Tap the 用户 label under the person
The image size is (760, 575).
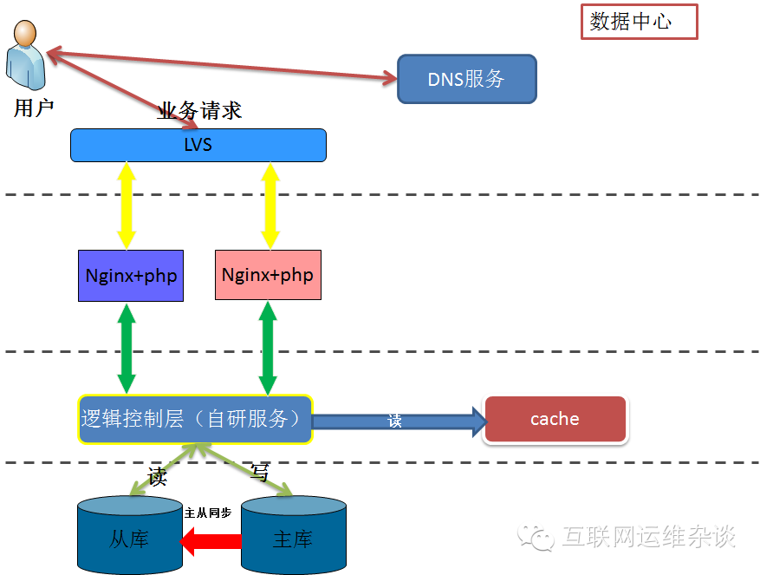pos(34,108)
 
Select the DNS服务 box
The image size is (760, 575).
pos(466,80)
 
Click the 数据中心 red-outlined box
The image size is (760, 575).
pos(638,23)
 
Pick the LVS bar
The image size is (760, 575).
pos(198,145)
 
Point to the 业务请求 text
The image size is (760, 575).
pos(199,110)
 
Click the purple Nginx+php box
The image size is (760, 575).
pos(131,276)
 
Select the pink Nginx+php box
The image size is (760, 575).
pos(268,275)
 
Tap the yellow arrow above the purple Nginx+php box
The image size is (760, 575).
pos(127,206)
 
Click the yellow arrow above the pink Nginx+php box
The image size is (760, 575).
pos(270,206)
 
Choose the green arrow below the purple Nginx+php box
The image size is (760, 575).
pos(127,348)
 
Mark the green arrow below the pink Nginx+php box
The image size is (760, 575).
pos(268,348)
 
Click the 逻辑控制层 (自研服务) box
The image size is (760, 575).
pos(195,420)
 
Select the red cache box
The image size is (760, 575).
pos(555,419)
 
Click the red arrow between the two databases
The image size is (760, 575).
pos(210,542)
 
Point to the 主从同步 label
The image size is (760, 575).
pos(208,513)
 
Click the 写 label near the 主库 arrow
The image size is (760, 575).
pos(260,472)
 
